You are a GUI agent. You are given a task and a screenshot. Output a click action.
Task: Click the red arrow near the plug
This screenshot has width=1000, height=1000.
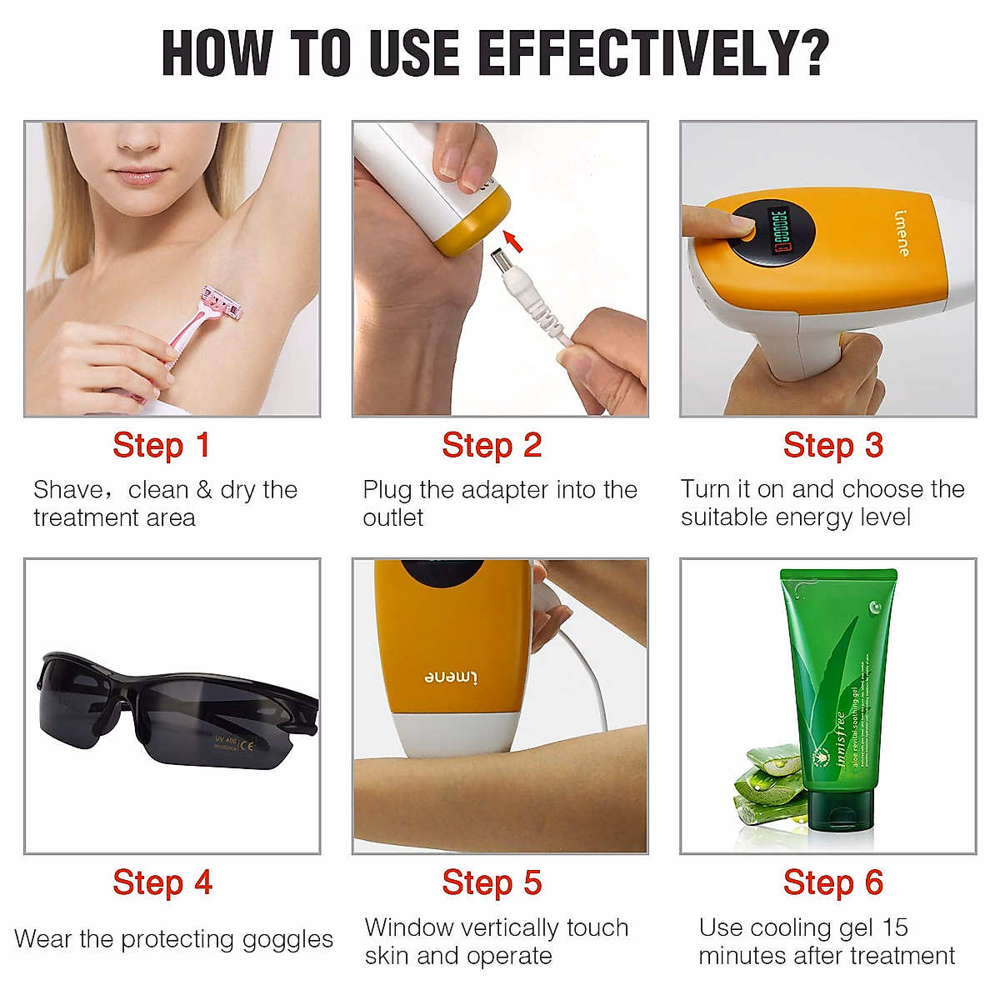tap(513, 242)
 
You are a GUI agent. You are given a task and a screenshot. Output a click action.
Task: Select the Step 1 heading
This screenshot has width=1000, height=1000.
tap(161, 445)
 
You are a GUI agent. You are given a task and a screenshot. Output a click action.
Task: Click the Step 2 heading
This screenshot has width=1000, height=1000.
tap(492, 445)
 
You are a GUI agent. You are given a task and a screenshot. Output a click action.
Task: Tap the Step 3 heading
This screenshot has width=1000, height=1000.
tap(832, 445)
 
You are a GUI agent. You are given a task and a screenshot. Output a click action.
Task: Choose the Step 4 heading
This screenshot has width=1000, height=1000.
tap(162, 882)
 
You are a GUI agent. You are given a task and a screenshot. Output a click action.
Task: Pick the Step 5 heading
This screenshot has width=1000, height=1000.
tap(492, 882)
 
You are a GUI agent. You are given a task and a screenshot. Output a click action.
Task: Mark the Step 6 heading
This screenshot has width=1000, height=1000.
tap(832, 882)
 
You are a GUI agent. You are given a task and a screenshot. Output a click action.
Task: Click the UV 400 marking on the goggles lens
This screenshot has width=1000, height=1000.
tap(226, 741)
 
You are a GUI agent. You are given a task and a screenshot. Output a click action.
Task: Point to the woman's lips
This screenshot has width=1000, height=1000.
tap(138, 176)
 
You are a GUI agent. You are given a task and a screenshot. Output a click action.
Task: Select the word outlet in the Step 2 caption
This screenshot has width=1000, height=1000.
tap(393, 518)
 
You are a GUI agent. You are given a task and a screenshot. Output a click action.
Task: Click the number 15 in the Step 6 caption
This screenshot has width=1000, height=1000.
tap(895, 927)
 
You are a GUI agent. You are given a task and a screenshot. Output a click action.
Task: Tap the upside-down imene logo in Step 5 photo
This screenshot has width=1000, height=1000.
tap(451, 676)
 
